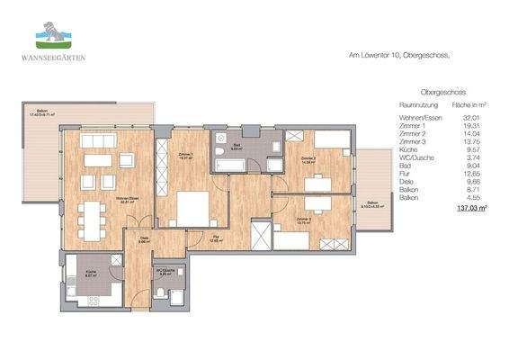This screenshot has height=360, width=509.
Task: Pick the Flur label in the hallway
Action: [x=216, y=239]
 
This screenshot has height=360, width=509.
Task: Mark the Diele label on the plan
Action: [x=144, y=238]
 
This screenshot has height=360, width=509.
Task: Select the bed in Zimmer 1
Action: [x=191, y=210]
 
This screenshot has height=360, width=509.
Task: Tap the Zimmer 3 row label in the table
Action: [x=413, y=141]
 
